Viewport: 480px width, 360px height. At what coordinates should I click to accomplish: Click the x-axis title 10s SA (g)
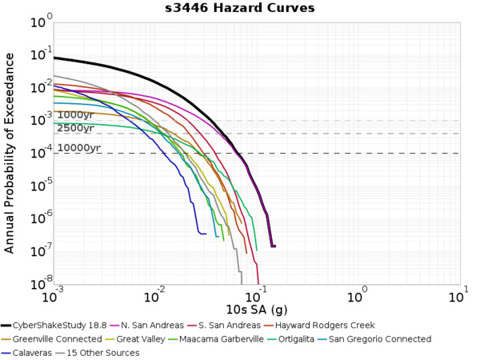[256, 310]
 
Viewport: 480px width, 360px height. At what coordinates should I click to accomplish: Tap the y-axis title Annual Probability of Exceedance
[10, 152]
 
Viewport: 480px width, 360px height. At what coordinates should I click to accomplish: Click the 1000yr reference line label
[75, 115]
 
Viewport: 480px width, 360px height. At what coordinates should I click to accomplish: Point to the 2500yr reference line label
[75, 128]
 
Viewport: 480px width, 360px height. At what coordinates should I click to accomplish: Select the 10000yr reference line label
[78, 148]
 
